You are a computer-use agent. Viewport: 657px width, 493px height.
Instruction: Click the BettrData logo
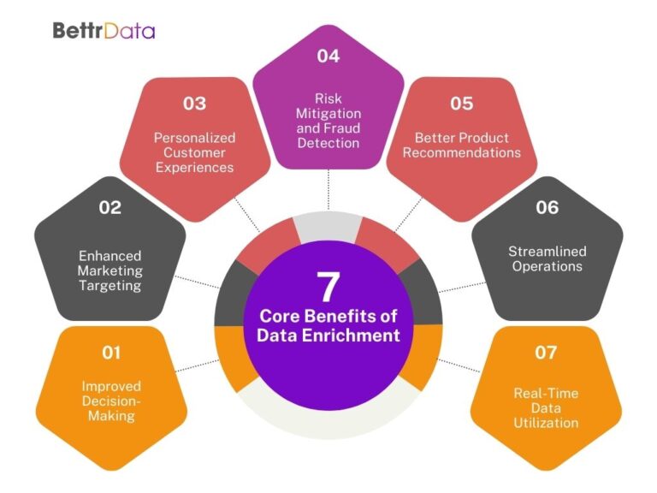pyautogui.click(x=104, y=31)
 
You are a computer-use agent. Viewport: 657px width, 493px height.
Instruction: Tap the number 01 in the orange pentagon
pyautogui.click(x=111, y=352)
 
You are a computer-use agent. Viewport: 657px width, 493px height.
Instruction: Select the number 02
pyautogui.click(x=110, y=207)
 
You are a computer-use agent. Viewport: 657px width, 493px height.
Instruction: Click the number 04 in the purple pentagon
pyautogui.click(x=328, y=56)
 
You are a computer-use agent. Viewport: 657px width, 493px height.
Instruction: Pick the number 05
pyautogui.click(x=461, y=104)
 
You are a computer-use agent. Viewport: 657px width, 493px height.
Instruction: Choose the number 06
pyautogui.click(x=547, y=207)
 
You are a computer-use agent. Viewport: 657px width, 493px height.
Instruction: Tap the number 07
pyautogui.click(x=547, y=352)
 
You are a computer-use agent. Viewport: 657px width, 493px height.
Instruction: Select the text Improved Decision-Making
pyautogui.click(x=111, y=401)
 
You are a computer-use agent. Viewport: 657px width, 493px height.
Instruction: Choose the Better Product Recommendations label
pyautogui.click(x=462, y=145)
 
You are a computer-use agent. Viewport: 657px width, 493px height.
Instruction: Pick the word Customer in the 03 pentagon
pyautogui.click(x=195, y=152)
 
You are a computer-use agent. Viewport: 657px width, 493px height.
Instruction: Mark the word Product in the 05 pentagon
pyautogui.click(x=485, y=137)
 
